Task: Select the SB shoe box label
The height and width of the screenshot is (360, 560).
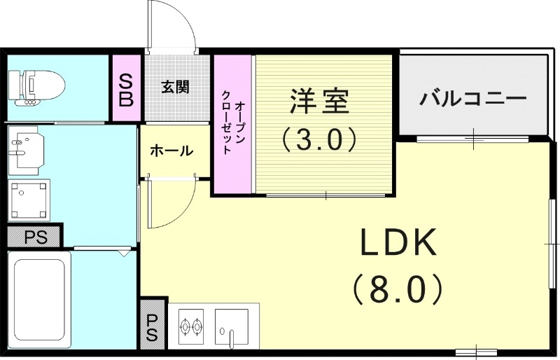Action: (126, 90)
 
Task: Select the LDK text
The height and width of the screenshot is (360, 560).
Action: (398, 244)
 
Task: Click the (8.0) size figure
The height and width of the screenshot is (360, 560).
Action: (398, 287)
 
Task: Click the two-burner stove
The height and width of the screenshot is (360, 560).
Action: (191, 326)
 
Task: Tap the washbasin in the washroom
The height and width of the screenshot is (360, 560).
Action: (25, 148)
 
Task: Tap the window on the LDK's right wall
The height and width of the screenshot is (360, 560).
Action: (553, 242)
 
